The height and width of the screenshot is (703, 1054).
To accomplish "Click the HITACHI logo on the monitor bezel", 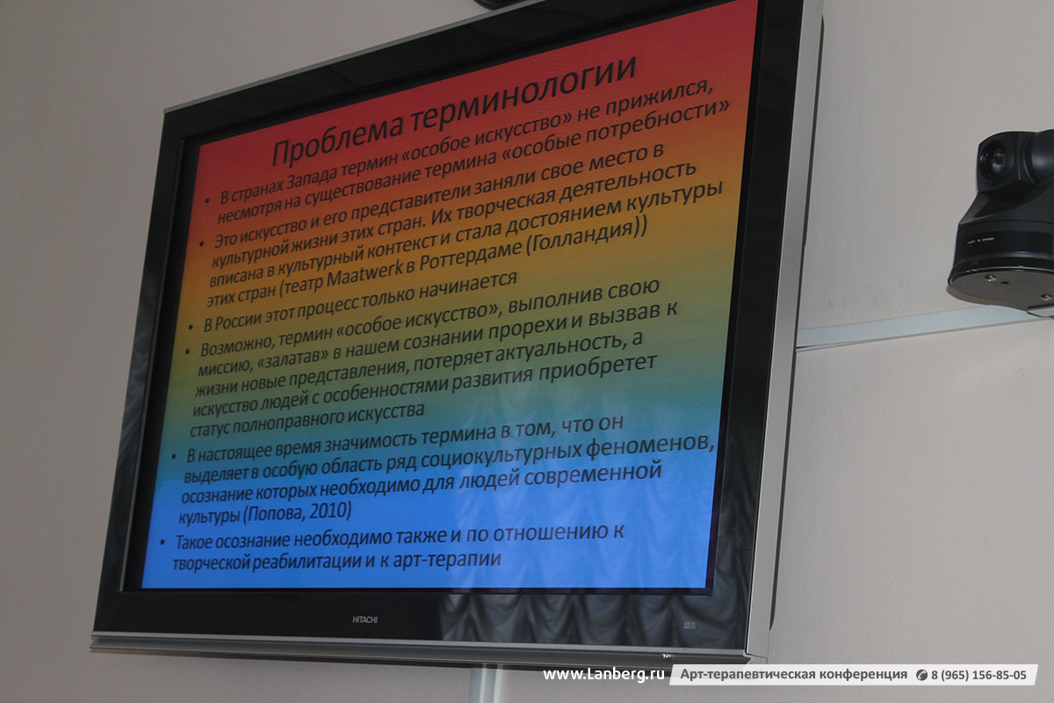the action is tap(365, 620).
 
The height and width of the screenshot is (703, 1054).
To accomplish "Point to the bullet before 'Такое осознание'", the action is tap(162, 542).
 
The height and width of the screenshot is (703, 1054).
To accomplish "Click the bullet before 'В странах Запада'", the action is tap(207, 200).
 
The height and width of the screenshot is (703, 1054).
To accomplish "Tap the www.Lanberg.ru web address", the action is tap(603, 675).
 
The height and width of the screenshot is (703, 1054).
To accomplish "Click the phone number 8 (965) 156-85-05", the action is tap(978, 675).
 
